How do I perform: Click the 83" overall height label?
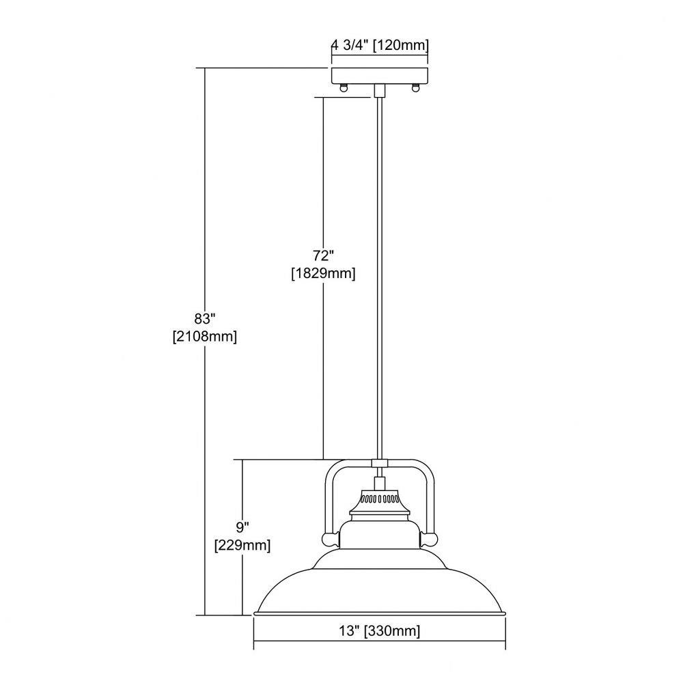click(x=205, y=319)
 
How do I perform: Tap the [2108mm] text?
click(x=205, y=337)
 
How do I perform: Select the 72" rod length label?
click(x=323, y=255)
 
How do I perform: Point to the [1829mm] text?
click(x=323, y=274)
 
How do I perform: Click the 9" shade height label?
click(x=242, y=527)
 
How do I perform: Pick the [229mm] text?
click(x=242, y=545)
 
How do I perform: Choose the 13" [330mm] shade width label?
click(x=379, y=630)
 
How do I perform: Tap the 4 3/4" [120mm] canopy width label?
click(x=380, y=45)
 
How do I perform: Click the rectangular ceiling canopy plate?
click(x=380, y=76)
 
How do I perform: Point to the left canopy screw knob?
click(x=344, y=87)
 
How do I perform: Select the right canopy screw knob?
click(x=415, y=87)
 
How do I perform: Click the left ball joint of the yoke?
click(x=331, y=540)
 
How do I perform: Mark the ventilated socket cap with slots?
click(x=379, y=497)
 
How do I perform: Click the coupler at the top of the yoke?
click(x=379, y=462)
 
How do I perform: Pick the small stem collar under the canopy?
click(x=379, y=91)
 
